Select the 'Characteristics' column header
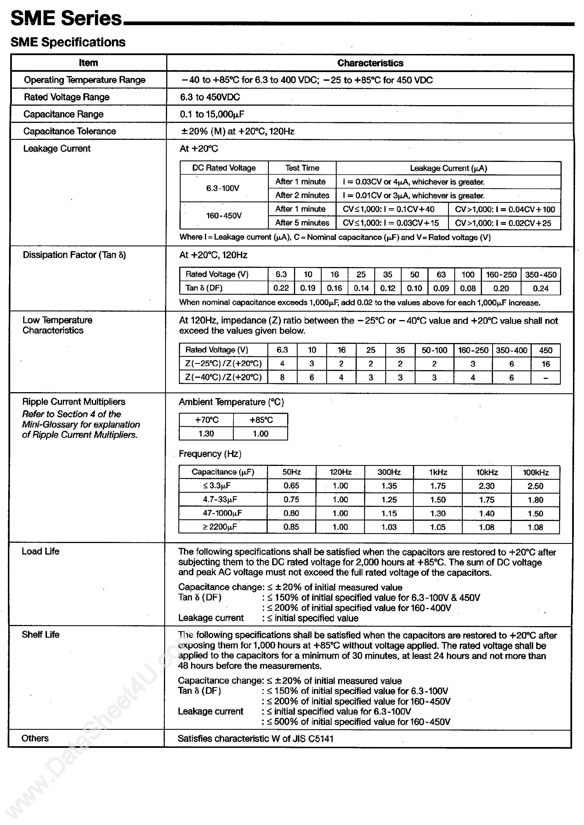[x=370, y=63]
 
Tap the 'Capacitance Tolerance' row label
[x=70, y=131]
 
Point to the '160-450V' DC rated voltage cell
[x=224, y=216]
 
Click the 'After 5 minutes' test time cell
[x=302, y=223]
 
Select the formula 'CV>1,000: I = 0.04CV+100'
[x=505, y=209]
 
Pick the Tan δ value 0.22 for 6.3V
[x=281, y=288]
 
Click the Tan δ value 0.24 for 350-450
[x=540, y=288]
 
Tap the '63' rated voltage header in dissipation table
[x=441, y=275]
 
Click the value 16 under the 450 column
[x=546, y=364]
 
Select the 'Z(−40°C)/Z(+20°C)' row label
[x=223, y=377]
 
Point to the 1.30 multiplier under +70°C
[x=206, y=434]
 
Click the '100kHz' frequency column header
[x=535, y=472]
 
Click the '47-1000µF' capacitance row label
[x=222, y=513]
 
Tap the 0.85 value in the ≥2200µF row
[x=291, y=527]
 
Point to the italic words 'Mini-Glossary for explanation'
[x=81, y=424]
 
